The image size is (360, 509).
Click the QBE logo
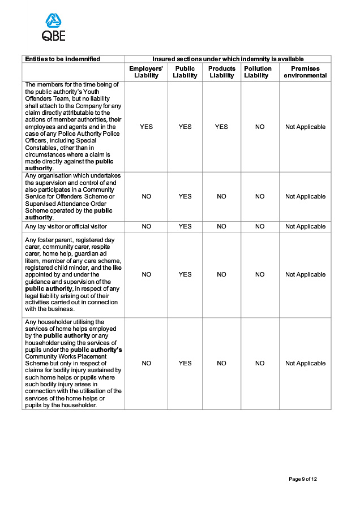(x=54, y=27)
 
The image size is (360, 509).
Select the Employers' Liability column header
(x=146, y=72)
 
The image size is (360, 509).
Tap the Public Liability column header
(x=185, y=72)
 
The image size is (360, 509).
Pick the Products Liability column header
(x=221, y=72)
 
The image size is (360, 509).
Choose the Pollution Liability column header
(x=258, y=72)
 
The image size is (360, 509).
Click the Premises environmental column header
(x=305, y=72)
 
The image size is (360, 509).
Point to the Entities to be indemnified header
(x=62, y=59)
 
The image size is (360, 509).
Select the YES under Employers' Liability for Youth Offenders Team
(x=146, y=127)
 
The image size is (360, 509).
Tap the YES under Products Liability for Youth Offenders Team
(x=221, y=127)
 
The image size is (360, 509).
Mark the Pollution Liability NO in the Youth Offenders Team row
(x=260, y=127)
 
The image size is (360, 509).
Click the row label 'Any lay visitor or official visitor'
(x=66, y=226)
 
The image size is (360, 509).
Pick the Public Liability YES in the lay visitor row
(x=185, y=226)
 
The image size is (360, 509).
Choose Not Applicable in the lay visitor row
(x=305, y=226)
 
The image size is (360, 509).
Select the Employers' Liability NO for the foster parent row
(x=146, y=274)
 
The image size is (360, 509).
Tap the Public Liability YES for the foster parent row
(x=185, y=274)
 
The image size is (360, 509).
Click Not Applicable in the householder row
(x=305, y=363)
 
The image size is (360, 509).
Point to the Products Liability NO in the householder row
(x=221, y=363)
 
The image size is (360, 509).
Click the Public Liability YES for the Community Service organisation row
(x=185, y=196)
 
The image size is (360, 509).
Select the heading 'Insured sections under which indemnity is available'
(x=228, y=59)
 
